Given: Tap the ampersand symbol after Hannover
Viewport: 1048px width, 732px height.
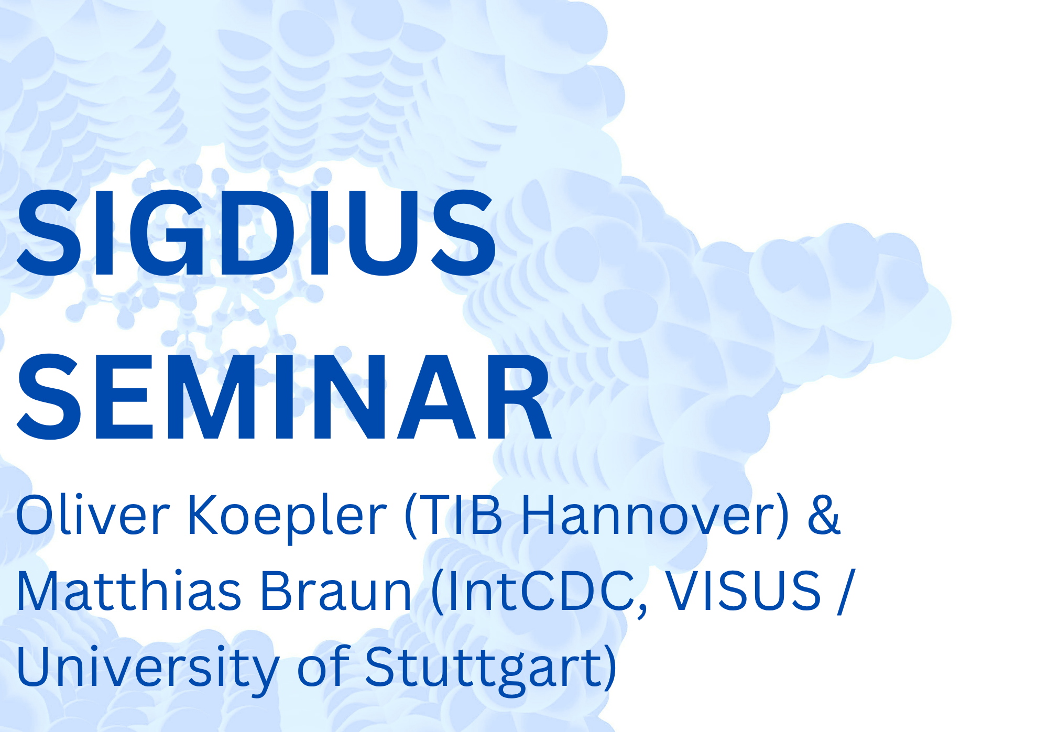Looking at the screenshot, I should point(824,516).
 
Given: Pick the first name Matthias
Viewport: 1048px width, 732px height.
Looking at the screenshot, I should point(128,591).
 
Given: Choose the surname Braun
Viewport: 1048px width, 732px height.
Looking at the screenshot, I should point(336,591).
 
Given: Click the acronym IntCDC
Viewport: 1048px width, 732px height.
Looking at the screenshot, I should point(545,591).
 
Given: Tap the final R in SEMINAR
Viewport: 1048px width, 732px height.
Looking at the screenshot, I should point(519,397).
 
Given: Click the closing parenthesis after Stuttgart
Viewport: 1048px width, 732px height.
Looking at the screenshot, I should point(609,668).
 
